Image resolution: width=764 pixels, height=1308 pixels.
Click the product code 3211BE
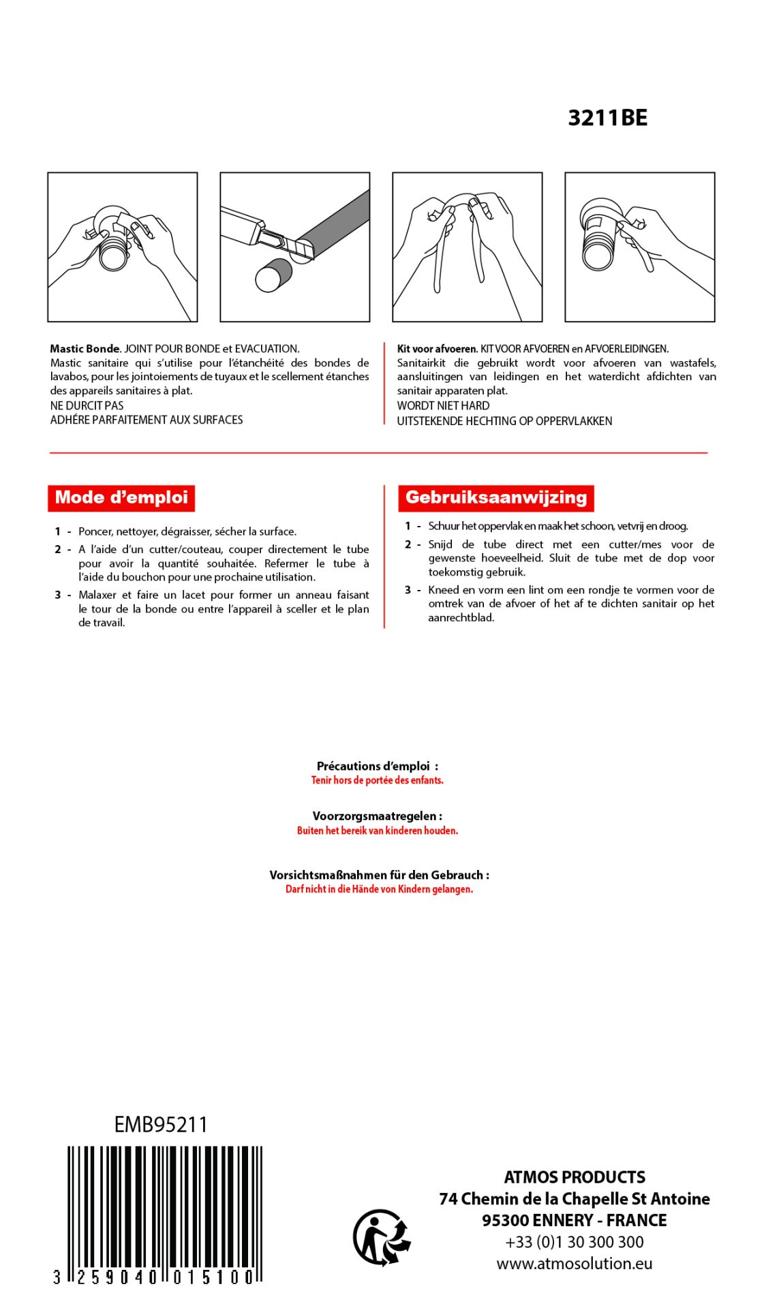pyautogui.click(x=607, y=118)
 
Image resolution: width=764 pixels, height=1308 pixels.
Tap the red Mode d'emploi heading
pyautogui.click(x=121, y=497)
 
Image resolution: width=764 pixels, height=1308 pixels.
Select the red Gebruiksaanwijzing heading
pyautogui.click(x=495, y=497)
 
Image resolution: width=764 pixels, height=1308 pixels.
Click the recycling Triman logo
pyautogui.click(x=382, y=1237)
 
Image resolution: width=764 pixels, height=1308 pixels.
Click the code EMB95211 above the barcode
pyautogui.click(x=161, y=1125)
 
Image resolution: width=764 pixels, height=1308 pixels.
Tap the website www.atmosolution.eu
pyautogui.click(x=574, y=1264)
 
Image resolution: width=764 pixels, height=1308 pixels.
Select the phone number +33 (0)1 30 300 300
pyautogui.click(x=574, y=1242)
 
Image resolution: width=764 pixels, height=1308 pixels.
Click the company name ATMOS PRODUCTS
pyautogui.click(x=574, y=1177)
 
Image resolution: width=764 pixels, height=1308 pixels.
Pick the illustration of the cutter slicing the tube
pyautogui.click(x=294, y=247)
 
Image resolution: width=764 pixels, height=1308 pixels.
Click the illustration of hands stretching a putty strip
pyautogui.click(x=467, y=247)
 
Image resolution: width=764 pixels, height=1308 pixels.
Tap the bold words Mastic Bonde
pyautogui.click(x=85, y=349)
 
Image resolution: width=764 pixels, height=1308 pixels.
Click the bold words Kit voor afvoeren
pyautogui.click(x=437, y=349)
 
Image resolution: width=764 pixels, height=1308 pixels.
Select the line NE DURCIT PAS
pyautogui.click(x=87, y=405)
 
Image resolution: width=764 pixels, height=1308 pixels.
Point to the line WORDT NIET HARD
pyautogui.click(x=443, y=405)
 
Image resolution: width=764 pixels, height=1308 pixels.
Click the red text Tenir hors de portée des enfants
pyautogui.click(x=377, y=780)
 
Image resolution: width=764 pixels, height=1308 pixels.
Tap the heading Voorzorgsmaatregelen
pyautogui.click(x=377, y=816)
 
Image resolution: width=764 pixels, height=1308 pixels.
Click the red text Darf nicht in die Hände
pyautogui.click(x=379, y=889)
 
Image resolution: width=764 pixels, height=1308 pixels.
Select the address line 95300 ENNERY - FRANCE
pyautogui.click(x=574, y=1220)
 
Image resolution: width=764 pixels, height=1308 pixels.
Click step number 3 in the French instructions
pyautogui.click(x=58, y=595)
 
